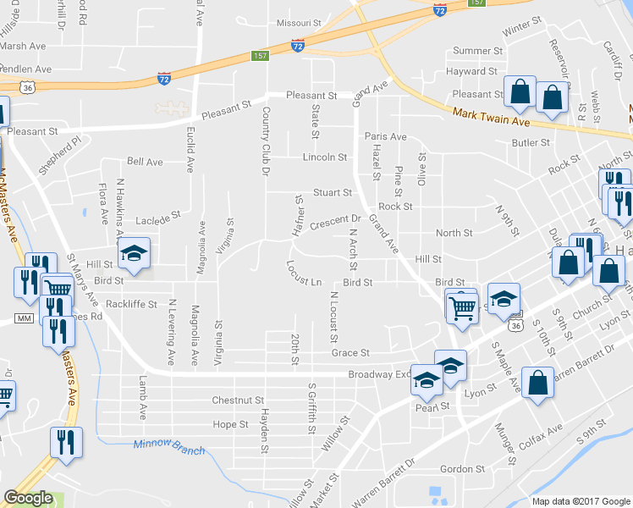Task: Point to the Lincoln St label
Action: [x=325, y=157]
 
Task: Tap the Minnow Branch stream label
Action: [x=168, y=446]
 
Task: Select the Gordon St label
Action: [x=462, y=468]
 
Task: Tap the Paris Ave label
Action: [x=385, y=136]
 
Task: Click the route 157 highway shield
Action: [x=260, y=56]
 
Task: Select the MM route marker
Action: [x=23, y=318]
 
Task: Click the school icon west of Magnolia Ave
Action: [x=134, y=251]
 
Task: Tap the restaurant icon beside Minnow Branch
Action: [x=65, y=441]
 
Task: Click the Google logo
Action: [x=28, y=498]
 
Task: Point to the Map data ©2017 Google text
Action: [x=581, y=501]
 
